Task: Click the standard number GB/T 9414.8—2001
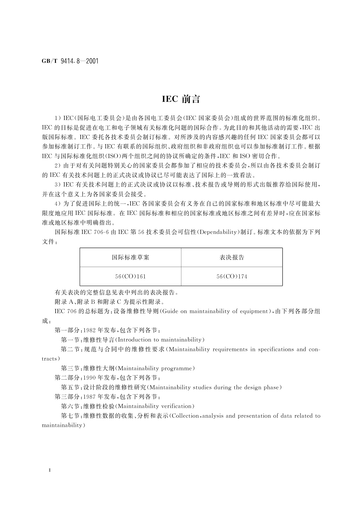[x=70, y=61]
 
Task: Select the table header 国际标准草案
[x=130, y=258]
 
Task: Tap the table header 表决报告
[x=232, y=258]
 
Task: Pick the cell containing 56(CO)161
[x=130, y=276]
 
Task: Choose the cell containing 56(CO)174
[x=232, y=276]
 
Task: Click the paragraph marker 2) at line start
[x=57, y=165]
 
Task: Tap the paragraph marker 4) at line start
[x=57, y=203]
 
